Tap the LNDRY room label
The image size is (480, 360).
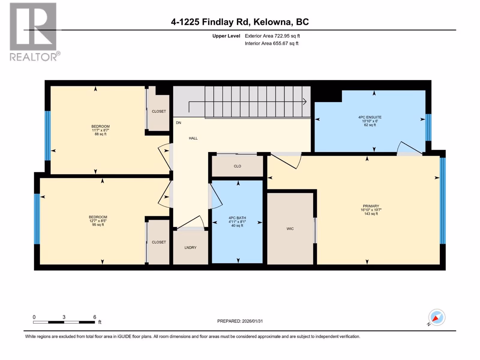(190, 247)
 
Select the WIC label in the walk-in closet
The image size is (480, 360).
(290, 229)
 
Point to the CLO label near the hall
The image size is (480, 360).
(237, 166)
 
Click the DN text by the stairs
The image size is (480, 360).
(178, 123)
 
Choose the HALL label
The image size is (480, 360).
(193, 138)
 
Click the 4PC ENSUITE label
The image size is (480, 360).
(370, 117)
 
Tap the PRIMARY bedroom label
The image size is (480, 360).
(371, 206)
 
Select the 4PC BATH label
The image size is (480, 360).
(237, 218)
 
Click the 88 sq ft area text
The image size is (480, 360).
(100, 134)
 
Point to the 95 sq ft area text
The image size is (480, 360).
(98, 224)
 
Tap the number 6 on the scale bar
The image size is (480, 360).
(95, 317)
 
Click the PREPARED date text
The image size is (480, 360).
(240, 321)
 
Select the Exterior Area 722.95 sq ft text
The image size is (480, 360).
(272, 36)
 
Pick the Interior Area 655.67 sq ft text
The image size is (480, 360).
(271, 43)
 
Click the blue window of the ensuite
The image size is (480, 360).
(428, 127)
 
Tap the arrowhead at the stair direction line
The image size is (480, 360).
(304, 102)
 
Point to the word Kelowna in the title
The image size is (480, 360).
(272, 22)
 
